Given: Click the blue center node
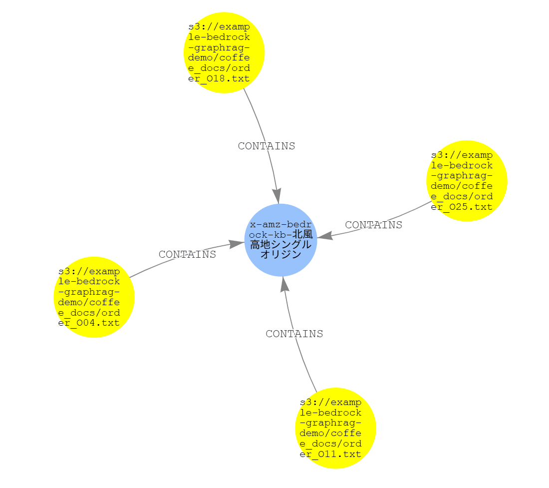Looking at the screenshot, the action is pyautogui.click(x=281, y=240).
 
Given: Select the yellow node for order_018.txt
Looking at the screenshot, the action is pyautogui.click(x=224, y=52).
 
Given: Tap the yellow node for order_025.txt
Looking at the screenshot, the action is pyautogui.click(x=467, y=181).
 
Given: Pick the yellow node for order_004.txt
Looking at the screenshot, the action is pyautogui.click(x=94, y=297).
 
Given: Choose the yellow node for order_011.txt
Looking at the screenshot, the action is pyautogui.click(x=335, y=428).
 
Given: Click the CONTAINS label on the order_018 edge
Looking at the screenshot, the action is pyautogui.click(x=267, y=146).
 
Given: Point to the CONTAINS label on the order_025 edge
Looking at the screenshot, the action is pyautogui.click(x=374, y=225).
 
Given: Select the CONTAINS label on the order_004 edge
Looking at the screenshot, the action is pyautogui.click(x=187, y=254).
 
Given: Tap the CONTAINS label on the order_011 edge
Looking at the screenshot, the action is pyautogui.click(x=294, y=334).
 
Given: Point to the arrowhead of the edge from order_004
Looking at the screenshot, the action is pyautogui.click(x=237, y=244).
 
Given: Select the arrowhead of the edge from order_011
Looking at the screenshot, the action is pyautogui.click(x=284, y=284).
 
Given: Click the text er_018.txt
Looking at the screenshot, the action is pyautogui.click(x=219, y=78).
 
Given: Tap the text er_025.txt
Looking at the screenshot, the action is pyautogui.click(x=462, y=207).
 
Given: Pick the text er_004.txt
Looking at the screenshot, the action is pyautogui.click(x=89, y=323).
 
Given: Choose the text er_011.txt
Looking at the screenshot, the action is pyautogui.click(x=330, y=454).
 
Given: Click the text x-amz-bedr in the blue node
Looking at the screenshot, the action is pyautogui.click(x=281, y=224).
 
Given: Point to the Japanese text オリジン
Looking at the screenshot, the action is pyautogui.click(x=281, y=254).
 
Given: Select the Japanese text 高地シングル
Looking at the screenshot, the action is pyautogui.click(x=281, y=244).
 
